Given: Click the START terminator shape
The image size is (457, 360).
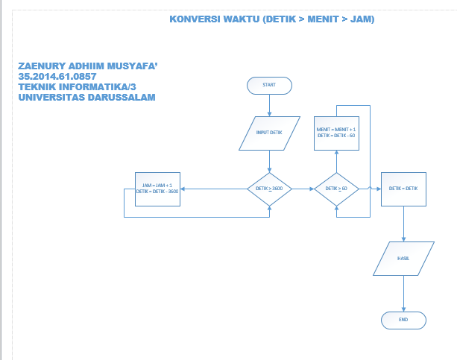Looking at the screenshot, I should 269,85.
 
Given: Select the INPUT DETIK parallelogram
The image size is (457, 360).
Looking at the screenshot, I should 269,133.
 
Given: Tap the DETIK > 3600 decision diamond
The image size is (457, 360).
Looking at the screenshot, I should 269,189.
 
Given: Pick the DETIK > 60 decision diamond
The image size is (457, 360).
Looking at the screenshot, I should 336,189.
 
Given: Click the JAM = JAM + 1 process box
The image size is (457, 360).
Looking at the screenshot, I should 157,189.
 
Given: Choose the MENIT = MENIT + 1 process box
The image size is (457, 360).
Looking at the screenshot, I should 336,133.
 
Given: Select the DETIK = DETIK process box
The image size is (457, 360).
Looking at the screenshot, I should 403,189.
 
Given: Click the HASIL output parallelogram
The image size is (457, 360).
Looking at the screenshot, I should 403,257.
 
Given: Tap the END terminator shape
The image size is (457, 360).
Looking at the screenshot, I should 403,319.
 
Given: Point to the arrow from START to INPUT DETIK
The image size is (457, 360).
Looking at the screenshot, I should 269,105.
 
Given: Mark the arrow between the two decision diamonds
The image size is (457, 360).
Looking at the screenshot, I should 303,189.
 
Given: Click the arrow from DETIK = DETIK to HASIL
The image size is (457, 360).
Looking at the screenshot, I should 403,224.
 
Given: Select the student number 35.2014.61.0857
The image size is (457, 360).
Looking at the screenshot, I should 57,77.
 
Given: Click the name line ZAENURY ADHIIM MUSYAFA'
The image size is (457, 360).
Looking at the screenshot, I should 88,66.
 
